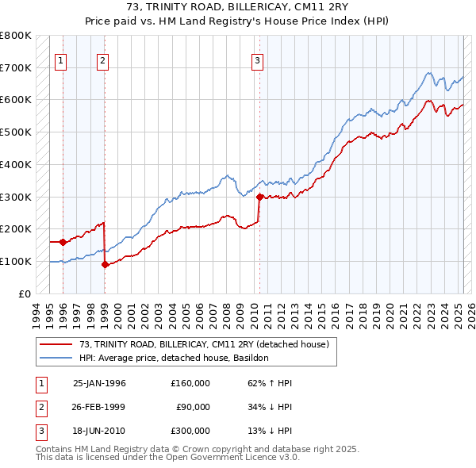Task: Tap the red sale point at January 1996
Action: click(x=63, y=242)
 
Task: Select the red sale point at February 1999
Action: click(x=105, y=265)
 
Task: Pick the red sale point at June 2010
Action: click(x=259, y=197)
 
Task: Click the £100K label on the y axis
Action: click(x=15, y=261)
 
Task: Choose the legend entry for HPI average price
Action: click(x=174, y=358)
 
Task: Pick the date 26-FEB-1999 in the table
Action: click(x=99, y=407)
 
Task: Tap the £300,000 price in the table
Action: click(x=190, y=431)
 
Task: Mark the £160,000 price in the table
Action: click(x=190, y=383)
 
